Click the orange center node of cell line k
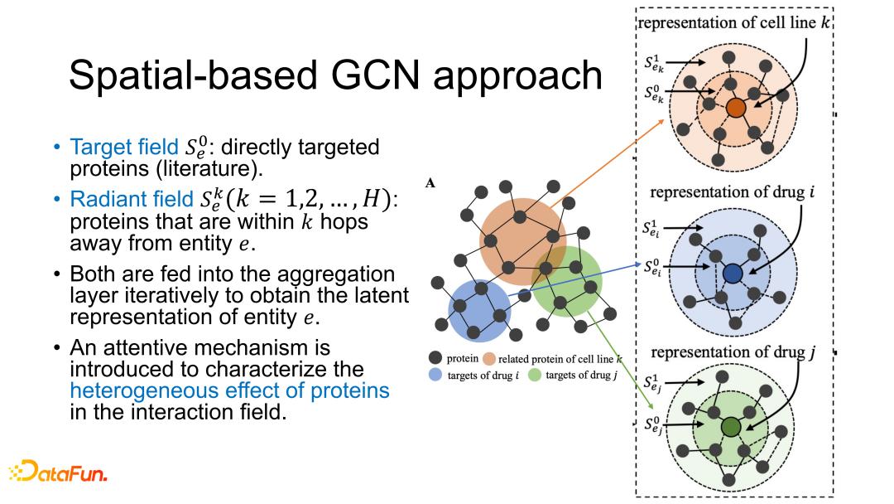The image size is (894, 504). point(735,108)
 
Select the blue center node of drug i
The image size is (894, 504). point(732,274)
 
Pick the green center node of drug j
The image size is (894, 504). point(730,427)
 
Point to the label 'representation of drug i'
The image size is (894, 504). point(730,192)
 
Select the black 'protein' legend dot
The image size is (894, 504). point(435,358)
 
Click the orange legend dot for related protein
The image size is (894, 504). point(489,359)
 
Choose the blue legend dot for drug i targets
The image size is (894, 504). point(435,376)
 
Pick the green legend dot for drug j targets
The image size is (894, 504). point(534,376)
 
